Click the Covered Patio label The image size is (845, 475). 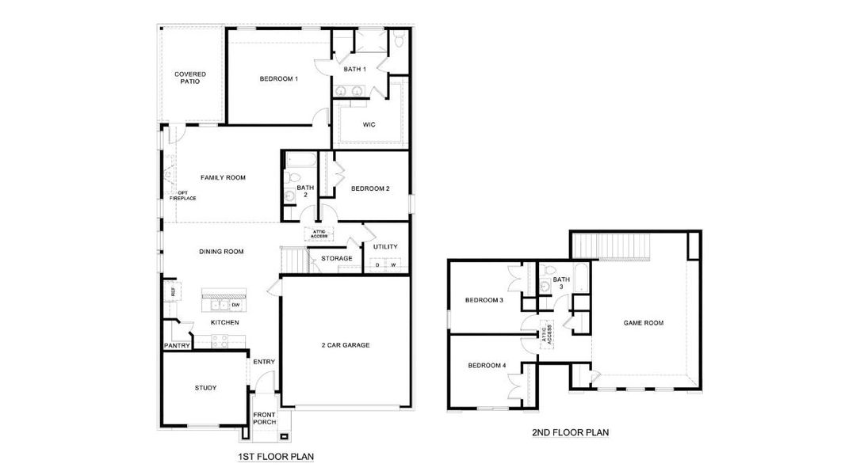(x=190, y=78)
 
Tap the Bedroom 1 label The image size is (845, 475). (x=279, y=78)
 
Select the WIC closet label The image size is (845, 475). (x=369, y=125)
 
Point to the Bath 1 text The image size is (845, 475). (x=354, y=70)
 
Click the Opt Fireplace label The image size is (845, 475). (x=187, y=195)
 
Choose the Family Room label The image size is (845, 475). (x=223, y=177)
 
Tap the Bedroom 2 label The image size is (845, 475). (x=370, y=188)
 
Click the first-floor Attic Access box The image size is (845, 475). (x=319, y=234)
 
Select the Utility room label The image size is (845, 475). (x=385, y=247)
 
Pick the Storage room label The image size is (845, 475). (x=337, y=258)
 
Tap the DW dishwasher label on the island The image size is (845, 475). (x=235, y=304)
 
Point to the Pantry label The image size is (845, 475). (x=177, y=346)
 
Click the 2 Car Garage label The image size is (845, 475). (x=346, y=344)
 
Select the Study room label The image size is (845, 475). (x=205, y=388)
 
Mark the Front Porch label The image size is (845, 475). (x=265, y=419)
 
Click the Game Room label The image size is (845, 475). (x=644, y=323)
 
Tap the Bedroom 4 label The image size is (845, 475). (x=486, y=365)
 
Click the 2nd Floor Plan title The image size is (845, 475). (x=571, y=433)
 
